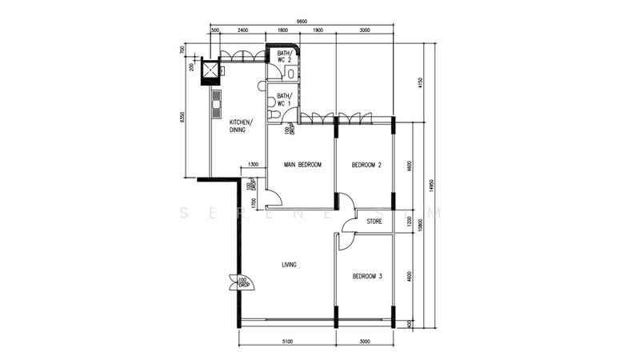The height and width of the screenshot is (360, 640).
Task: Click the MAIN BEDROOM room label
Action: click(302, 165)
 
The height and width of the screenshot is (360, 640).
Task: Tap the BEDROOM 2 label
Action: click(366, 165)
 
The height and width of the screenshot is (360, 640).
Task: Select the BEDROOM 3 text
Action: click(366, 277)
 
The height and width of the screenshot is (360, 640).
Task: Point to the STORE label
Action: click(374, 221)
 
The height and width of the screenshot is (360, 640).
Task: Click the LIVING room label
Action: click(289, 265)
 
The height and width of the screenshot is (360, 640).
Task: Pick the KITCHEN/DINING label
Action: click(241, 126)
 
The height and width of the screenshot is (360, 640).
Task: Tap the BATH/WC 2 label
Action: click(284, 57)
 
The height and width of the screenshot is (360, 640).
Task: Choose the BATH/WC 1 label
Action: click(284, 100)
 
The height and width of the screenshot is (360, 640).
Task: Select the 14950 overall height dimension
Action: click(432, 185)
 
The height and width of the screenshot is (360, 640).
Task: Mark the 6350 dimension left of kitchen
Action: click(183, 117)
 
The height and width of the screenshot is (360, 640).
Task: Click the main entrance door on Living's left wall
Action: click(238, 282)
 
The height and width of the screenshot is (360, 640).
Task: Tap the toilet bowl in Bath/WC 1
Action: click(275, 115)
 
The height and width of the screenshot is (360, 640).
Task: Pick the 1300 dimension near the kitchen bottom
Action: click(253, 165)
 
